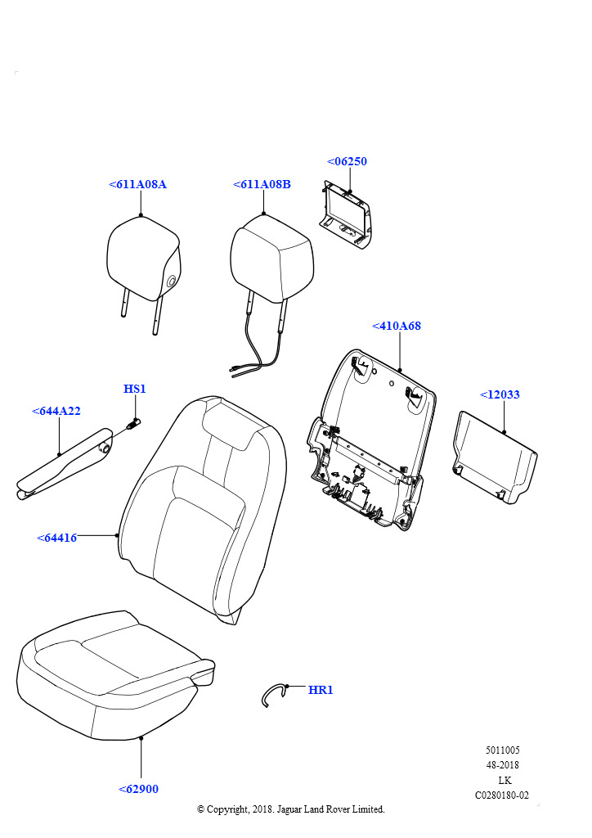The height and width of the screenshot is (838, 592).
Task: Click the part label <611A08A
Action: (x=137, y=184)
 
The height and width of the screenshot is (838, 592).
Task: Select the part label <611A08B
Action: (x=262, y=184)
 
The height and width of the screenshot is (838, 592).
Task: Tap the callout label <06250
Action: (x=347, y=161)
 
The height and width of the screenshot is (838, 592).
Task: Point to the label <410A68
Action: (x=396, y=326)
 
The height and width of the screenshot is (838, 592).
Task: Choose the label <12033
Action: (x=500, y=395)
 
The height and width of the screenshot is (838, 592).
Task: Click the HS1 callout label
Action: (x=135, y=389)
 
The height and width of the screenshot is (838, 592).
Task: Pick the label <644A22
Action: (x=56, y=412)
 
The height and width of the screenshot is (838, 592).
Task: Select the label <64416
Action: (x=56, y=538)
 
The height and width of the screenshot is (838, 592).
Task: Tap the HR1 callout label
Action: (x=321, y=691)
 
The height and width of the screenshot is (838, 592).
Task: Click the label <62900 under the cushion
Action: (x=138, y=790)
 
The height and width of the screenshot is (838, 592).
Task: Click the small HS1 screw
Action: (x=133, y=425)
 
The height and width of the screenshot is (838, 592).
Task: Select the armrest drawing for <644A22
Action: (x=64, y=464)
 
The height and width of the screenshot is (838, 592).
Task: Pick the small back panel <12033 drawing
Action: (x=495, y=458)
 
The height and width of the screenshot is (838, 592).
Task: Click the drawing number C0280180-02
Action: (x=502, y=795)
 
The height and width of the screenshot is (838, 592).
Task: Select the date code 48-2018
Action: (x=502, y=765)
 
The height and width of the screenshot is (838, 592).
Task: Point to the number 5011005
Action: (x=502, y=750)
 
